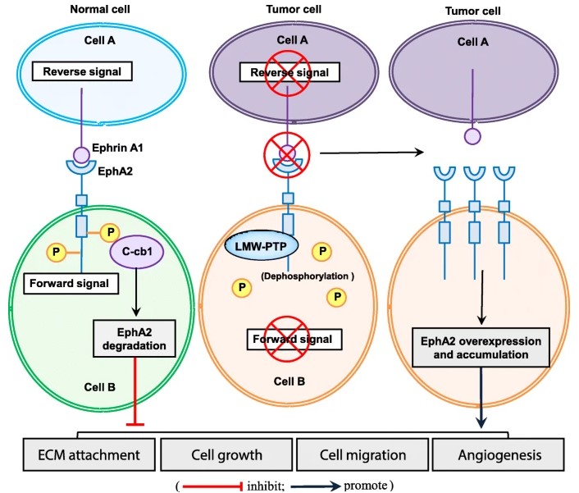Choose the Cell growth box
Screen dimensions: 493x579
[x=226, y=454]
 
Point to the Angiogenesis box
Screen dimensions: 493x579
[x=499, y=454]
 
